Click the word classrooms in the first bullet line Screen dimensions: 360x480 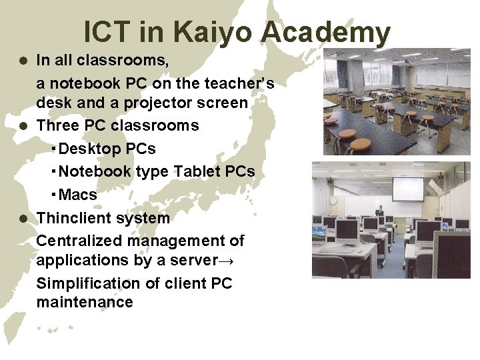tap(131, 61)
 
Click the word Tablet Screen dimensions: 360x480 tap(197, 171)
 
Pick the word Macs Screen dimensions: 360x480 tap(78, 195)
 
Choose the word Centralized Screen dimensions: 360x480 tap(80, 240)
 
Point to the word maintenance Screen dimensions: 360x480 tap(85, 302)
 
